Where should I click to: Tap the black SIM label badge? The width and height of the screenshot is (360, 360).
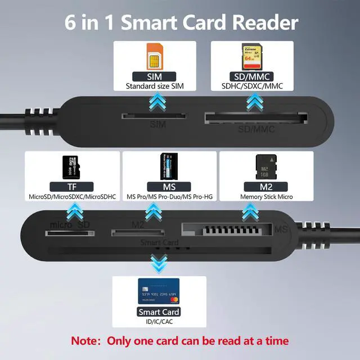(155, 76)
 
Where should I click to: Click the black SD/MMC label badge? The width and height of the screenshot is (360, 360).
(253, 76)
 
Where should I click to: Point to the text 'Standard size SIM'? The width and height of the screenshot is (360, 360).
(155, 87)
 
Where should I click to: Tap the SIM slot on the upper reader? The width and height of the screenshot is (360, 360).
(154, 116)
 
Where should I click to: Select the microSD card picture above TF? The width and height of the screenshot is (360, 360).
(71, 167)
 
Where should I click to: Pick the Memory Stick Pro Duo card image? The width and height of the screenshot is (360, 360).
(169, 166)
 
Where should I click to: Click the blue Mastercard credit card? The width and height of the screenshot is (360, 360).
(159, 291)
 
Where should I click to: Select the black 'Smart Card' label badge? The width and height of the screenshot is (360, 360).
(159, 312)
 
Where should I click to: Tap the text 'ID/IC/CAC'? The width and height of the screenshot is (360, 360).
(159, 322)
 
